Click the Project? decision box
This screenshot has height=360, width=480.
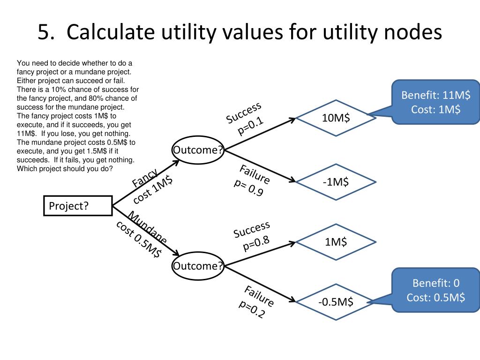(x=78, y=206)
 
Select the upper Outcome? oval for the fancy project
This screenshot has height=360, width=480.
(x=198, y=150)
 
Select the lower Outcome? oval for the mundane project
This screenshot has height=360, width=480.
(x=198, y=266)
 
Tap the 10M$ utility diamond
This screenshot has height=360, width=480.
(x=336, y=118)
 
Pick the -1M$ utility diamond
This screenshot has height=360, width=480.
(x=336, y=181)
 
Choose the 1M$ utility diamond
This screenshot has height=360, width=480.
(x=336, y=242)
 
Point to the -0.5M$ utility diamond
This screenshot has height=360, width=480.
(x=336, y=302)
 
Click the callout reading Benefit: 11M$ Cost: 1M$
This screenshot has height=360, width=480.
(x=435, y=103)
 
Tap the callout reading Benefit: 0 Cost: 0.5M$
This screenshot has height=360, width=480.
(x=435, y=290)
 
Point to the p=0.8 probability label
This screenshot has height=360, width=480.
(x=256, y=244)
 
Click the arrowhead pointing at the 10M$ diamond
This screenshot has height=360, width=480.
(x=292, y=119)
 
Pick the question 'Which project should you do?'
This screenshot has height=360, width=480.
(x=65, y=168)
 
